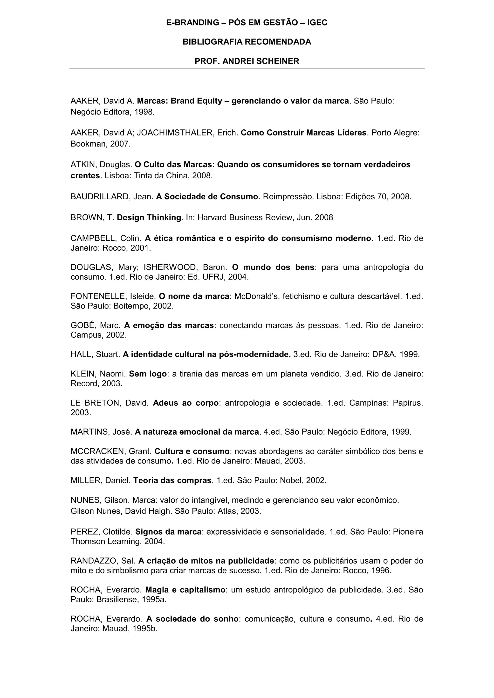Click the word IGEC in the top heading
pos(317,22)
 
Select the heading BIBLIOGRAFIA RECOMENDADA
pos(247,42)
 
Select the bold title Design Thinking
pos(149,218)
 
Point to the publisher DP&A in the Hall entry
pos(383,355)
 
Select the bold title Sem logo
pos(148,374)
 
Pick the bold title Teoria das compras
pos(172,480)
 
